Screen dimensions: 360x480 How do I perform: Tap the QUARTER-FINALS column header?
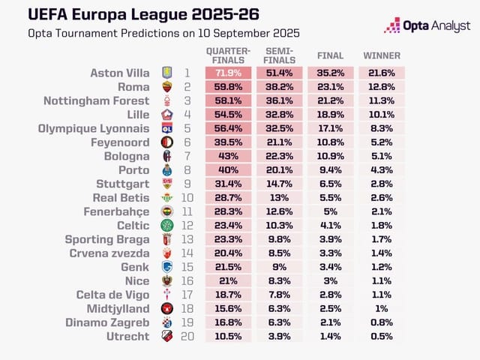(x=228, y=55)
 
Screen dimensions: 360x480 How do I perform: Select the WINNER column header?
(x=382, y=55)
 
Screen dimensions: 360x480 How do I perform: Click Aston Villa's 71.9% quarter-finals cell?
(x=228, y=73)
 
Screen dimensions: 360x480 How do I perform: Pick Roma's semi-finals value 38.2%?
(x=279, y=87)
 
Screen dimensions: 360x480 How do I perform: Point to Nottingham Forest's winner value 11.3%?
(x=382, y=100)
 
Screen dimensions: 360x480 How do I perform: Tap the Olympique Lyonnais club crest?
(x=167, y=129)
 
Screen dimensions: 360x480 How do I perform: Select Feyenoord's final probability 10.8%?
(x=331, y=142)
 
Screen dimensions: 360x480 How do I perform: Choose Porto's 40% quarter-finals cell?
(x=228, y=170)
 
